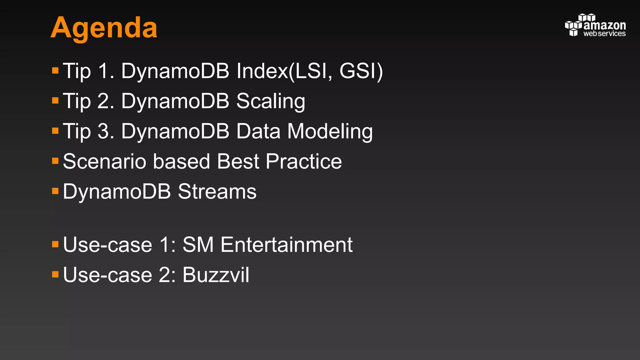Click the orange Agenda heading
[104, 28]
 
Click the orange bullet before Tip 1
[55, 70]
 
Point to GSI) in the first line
[361, 71]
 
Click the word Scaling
[271, 101]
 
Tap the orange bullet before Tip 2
[55, 101]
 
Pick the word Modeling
[330, 131]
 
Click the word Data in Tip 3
[258, 131]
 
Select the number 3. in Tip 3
[106, 131]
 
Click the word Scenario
[104, 162]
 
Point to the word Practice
[304, 162]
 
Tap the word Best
[238, 162]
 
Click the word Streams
[217, 192]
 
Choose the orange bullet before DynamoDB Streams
[55, 191]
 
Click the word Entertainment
[287, 245]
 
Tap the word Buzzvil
[216, 275]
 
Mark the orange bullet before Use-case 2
[55, 274]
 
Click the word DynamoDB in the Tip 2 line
[175, 101]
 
